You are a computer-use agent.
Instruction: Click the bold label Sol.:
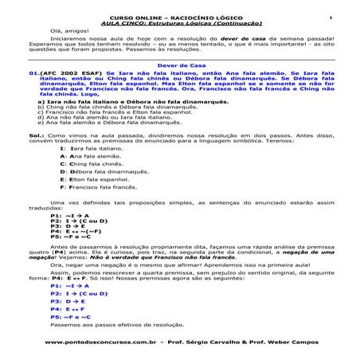(36, 135)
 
